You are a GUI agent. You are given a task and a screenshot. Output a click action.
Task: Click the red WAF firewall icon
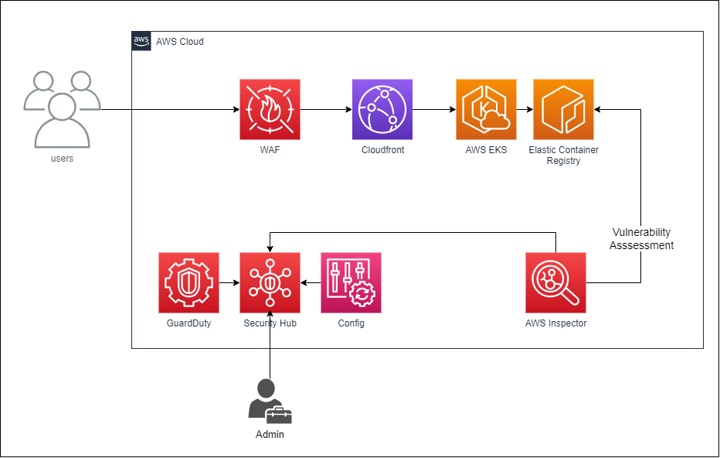pyautogui.click(x=270, y=109)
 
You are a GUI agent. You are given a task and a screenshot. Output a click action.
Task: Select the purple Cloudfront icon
pyautogui.click(x=382, y=109)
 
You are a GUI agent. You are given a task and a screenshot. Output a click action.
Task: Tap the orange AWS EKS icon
pyautogui.click(x=486, y=109)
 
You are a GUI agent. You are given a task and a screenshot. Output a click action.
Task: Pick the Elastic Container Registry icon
pyautogui.click(x=563, y=109)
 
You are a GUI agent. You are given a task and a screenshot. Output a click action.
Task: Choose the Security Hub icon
pyautogui.click(x=270, y=282)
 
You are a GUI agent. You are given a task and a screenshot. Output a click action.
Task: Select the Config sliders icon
pyautogui.click(x=351, y=282)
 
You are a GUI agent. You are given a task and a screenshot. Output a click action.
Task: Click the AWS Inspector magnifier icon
pyautogui.click(x=555, y=282)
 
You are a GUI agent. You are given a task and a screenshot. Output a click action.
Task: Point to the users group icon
pyautogui.click(x=62, y=108)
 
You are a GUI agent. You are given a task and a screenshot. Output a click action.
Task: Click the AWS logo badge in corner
pyautogui.click(x=141, y=41)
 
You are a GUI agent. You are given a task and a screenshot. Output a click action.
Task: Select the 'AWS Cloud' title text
pyautogui.click(x=180, y=42)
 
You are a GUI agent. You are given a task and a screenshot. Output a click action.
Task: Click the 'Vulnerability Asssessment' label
pyautogui.click(x=641, y=239)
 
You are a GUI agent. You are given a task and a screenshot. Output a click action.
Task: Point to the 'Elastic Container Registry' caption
pyautogui.click(x=563, y=156)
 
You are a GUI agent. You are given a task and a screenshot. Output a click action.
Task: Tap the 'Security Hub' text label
pyautogui.click(x=270, y=323)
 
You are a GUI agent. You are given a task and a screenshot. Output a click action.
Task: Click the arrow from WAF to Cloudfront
pyautogui.click(x=325, y=109)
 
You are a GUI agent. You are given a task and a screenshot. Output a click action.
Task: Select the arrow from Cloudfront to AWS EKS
pyautogui.click(x=434, y=109)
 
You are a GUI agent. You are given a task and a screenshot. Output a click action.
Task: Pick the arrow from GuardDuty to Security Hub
pyautogui.click(x=229, y=282)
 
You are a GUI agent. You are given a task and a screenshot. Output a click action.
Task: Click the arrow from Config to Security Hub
pyautogui.click(x=311, y=282)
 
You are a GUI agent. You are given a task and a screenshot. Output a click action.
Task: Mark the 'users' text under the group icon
pyautogui.click(x=62, y=159)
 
